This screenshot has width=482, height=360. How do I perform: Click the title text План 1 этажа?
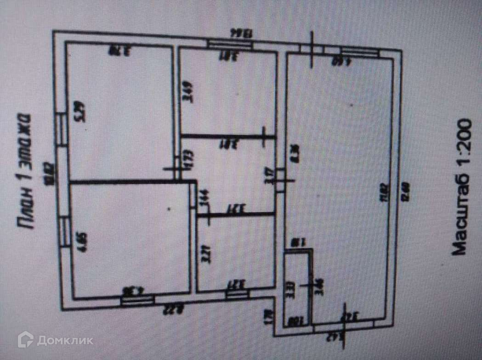(24, 170)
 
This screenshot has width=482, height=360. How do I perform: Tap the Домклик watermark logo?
(55, 340)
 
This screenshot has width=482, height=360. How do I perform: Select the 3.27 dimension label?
(206, 254)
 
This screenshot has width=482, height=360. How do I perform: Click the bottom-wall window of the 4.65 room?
(136, 300)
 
